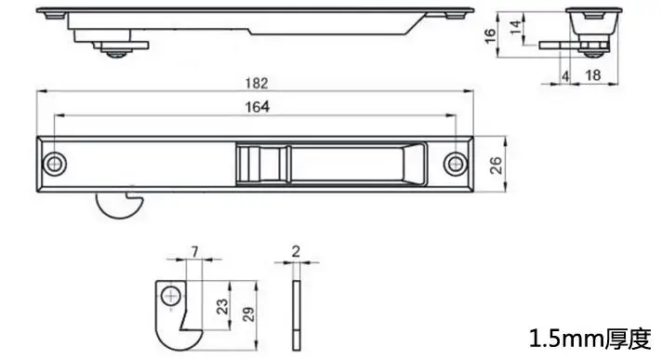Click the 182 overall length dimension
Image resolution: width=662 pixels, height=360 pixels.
257,83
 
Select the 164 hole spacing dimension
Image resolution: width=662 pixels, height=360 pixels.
258,107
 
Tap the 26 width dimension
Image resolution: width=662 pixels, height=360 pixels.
496,165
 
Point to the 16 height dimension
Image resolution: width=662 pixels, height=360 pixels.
490,35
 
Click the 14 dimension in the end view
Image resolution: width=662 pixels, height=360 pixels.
515,28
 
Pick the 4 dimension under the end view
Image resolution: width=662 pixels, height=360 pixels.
565,76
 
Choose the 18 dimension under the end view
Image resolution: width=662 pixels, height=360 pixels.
593,75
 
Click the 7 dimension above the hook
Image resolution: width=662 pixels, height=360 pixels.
194,252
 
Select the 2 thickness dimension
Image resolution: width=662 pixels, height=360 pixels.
296,251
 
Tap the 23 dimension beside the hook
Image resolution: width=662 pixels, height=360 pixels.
222,306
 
